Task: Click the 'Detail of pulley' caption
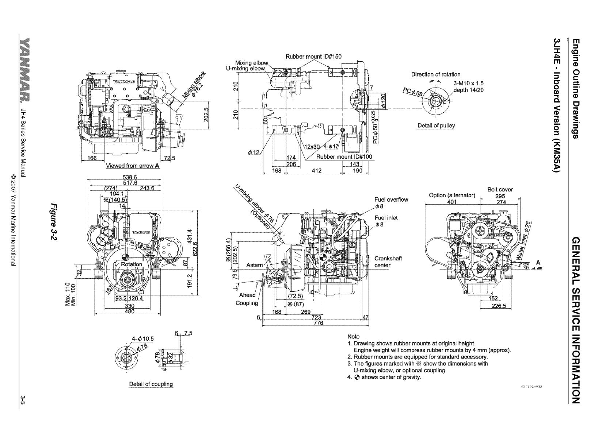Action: (x=436, y=126)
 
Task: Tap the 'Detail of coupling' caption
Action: (x=151, y=384)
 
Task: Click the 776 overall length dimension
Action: (x=319, y=323)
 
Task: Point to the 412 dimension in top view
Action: (x=316, y=171)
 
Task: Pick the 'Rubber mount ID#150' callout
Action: (x=313, y=57)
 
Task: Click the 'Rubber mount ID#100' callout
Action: (x=344, y=156)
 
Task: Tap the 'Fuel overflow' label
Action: (x=391, y=200)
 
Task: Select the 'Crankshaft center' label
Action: (x=388, y=262)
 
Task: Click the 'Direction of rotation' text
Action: (x=436, y=74)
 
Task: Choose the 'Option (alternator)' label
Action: (x=452, y=195)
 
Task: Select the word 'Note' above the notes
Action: (x=353, y=336)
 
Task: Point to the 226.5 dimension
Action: (x=498, y=306)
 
